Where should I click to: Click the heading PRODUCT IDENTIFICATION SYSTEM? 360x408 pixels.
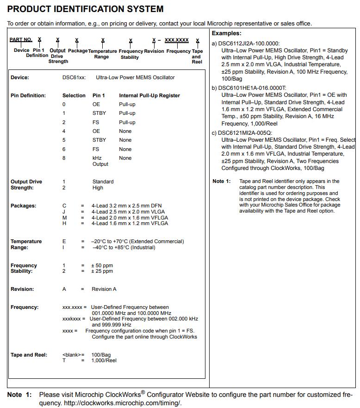(85, 9)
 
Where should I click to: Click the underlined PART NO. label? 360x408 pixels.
(21, 40)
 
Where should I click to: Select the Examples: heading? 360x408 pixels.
(226, 33)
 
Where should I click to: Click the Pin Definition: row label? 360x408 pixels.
(28, 95)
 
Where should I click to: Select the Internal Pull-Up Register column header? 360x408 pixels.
(149, 95)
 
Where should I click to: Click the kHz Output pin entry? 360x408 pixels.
(100, 161)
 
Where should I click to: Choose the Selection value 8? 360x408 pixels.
(64, 158)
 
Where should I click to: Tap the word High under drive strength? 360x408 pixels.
(98, 188)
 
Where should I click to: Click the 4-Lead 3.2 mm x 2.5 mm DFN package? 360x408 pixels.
(126, 206)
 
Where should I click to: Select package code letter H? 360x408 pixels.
(64, 223)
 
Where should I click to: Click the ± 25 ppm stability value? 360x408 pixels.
(102, 271)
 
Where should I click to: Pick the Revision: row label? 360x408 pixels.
(22, 289)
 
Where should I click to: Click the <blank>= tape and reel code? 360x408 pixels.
(73, 355)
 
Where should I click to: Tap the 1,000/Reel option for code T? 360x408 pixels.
(104, 360)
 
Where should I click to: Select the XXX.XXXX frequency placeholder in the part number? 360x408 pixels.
(177, 40)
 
